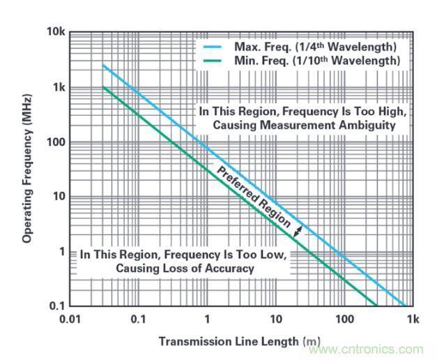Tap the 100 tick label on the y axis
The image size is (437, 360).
click(x=56, y=142)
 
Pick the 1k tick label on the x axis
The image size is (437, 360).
click(x=413, y=319)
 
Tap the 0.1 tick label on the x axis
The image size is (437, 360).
click(x=138, y=319)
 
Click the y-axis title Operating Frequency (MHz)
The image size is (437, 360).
click(x=27, y=170)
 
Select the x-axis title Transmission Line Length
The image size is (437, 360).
click(x=229, y=341)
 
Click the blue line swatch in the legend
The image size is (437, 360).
click(x=212, y=47)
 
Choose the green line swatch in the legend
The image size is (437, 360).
click(x=212, y=61)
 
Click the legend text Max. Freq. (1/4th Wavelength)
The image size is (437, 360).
click(x=312, y=47)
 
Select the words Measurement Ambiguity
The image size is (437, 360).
click(x=337, y=125)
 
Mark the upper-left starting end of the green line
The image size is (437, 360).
click(x=103, y=87)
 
